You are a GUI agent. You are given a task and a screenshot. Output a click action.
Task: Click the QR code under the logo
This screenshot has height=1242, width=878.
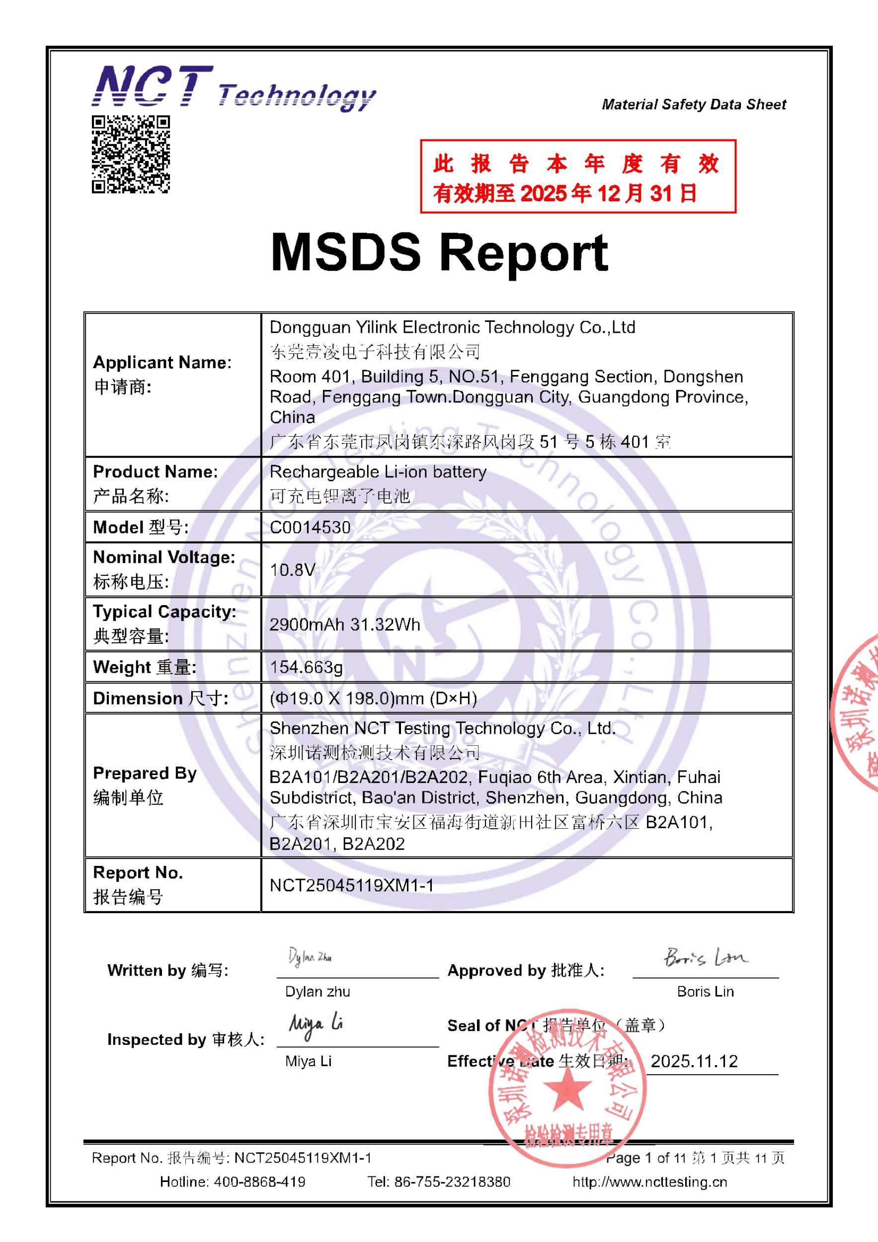click(130, 154)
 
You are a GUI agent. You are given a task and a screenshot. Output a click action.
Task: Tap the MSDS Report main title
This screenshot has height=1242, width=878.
click(439, 252)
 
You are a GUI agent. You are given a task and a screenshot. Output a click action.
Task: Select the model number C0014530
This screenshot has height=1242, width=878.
click(310, 528)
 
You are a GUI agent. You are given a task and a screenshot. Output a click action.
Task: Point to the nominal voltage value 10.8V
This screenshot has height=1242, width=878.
click(292, 570)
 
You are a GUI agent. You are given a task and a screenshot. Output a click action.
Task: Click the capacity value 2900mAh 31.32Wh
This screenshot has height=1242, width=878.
click(345, 624)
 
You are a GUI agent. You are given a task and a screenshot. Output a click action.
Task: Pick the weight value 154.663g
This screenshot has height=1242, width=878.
click(306, 667)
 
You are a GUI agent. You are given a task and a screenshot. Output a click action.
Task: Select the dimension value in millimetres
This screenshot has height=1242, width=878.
click(373, 699)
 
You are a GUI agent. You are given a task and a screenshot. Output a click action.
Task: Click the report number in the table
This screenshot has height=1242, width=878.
click(352, 885)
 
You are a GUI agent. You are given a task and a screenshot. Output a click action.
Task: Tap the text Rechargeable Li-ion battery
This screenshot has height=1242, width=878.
click(378, 471)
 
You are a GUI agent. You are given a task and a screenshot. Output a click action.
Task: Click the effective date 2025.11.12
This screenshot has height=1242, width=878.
click(694, 1061)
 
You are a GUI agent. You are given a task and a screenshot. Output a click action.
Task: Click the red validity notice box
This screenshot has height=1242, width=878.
click(578, 176)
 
